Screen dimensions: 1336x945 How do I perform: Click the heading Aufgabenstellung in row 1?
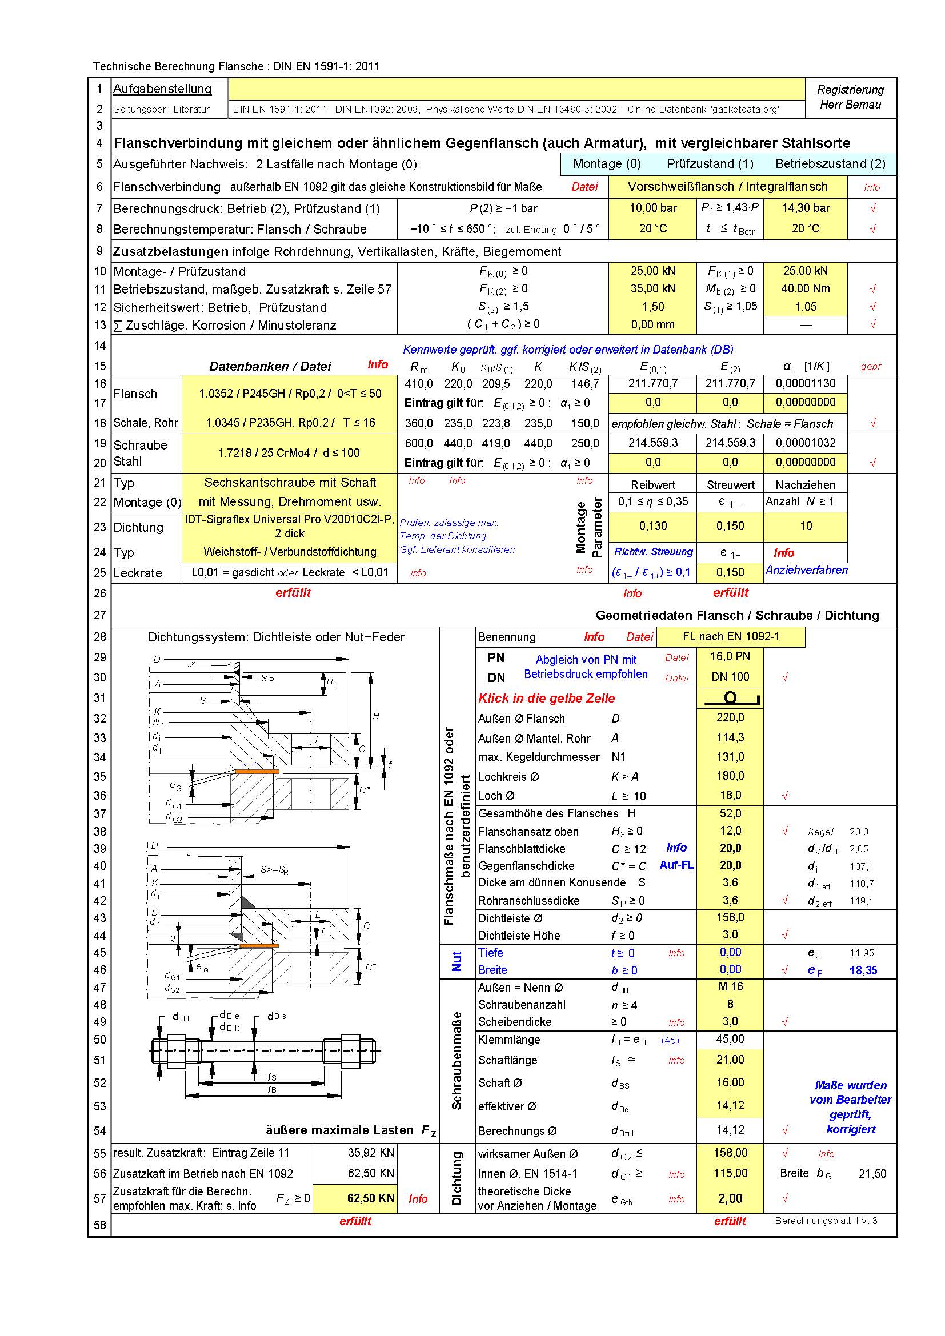click(x=162, y=89)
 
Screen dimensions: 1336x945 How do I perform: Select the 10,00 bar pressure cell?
click(x=653, y=208)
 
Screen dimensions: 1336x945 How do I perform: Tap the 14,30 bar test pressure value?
click(x=806, y=208)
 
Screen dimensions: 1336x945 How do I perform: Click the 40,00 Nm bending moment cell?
click(x=806, y=288)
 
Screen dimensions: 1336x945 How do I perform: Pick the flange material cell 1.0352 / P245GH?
click(x=290, y=394)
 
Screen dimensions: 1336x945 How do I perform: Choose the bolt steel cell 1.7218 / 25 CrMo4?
click(x=290, y=453)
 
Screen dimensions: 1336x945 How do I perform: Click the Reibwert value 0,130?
click(x=653, y=526)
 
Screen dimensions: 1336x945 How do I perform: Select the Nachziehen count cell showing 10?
click(x=806, y=526)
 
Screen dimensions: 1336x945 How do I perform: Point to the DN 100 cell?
click(x=730, y=677)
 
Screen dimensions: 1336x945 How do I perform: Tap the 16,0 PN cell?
click(x=730, y=656)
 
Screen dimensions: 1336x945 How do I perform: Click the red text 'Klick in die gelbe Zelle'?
click(x=546, y=698)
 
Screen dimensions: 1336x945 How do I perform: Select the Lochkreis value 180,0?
click(x=730, y=776)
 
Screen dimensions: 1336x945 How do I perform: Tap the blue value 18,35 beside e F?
click(x=863, y=970)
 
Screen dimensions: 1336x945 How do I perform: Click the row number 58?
click(x=100, y=1225)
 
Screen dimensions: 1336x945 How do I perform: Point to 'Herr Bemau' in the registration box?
click(x=850, y=105)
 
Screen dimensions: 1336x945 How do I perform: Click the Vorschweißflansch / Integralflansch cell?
click(x=727, y=187)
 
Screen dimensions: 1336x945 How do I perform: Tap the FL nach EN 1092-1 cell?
click(x=731, y=636)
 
